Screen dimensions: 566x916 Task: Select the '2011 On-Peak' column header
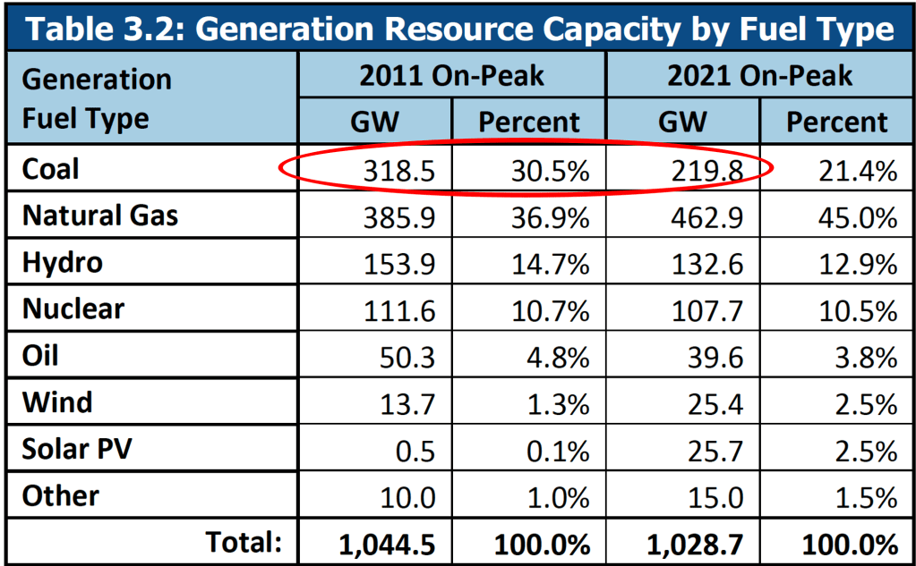tap(451, 75)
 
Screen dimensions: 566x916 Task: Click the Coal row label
tap(50, 169)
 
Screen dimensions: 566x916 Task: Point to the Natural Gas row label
tap(100, 215)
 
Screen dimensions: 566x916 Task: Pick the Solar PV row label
tap(76, 449)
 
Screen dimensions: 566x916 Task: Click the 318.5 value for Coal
tap(399, 170)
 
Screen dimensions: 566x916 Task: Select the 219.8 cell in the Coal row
tap(707, 170)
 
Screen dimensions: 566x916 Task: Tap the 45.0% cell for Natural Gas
tap(858, 217)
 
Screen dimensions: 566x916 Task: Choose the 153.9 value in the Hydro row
tap(399, 264)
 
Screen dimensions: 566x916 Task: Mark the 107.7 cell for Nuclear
tap(707, 310)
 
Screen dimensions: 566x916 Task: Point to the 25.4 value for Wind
tap(716, 403)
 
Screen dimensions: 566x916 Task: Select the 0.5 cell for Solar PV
tap(416, 450)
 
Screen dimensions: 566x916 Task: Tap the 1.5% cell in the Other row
tap(867, 496)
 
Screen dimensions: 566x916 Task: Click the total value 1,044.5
tap(386, 543)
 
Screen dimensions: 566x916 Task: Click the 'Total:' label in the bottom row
tap(244, 541)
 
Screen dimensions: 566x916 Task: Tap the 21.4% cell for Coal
tap(858, 170)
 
